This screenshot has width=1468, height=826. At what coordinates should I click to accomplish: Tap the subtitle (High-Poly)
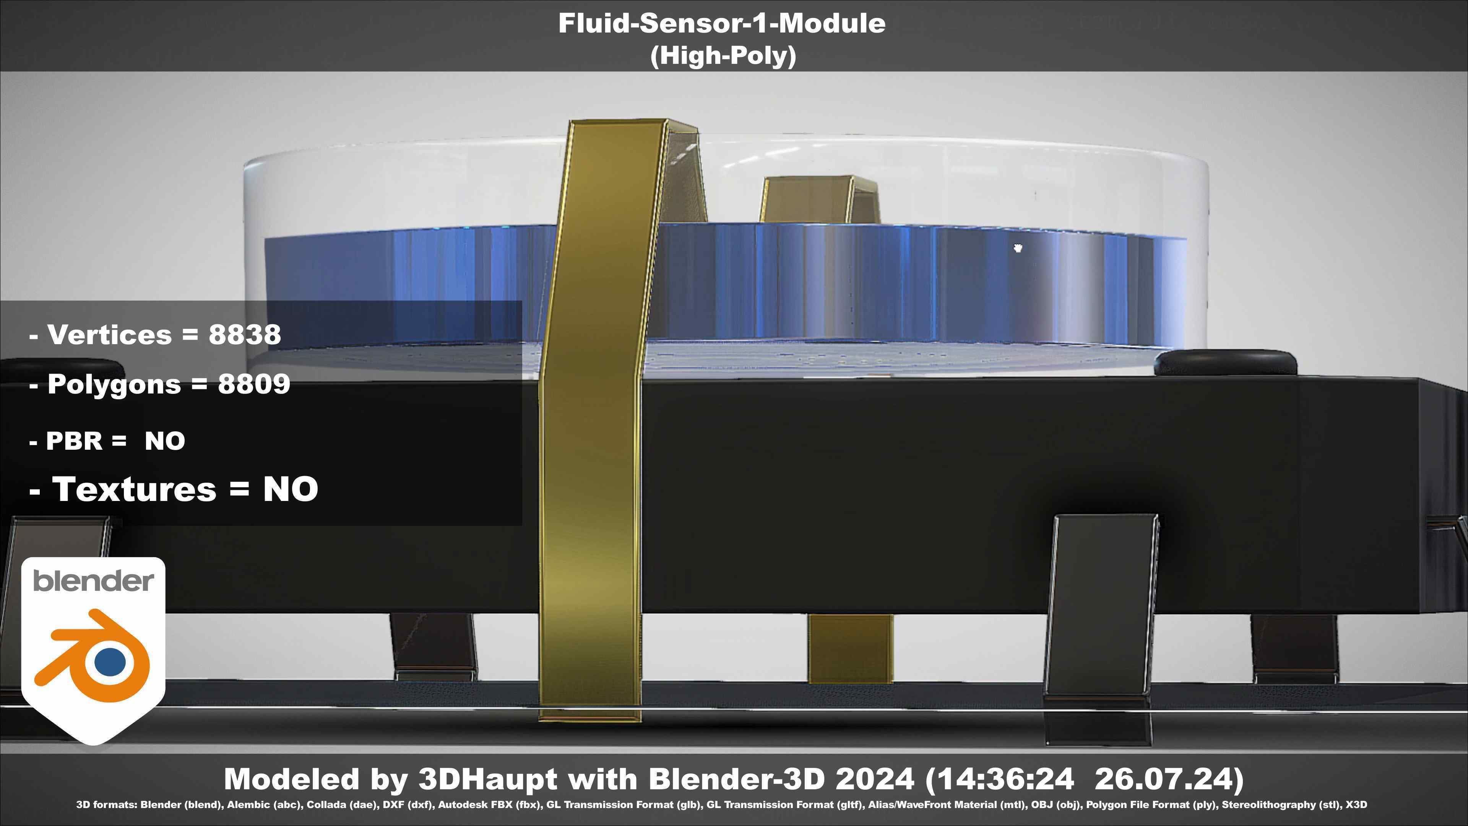[723, 56]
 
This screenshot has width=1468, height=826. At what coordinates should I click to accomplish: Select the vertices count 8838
[245, 335]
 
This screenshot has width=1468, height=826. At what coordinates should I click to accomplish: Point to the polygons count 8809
[254, 384]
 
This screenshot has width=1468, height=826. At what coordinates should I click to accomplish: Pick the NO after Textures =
[290, 489]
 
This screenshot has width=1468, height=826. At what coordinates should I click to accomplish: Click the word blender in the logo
[93, 581]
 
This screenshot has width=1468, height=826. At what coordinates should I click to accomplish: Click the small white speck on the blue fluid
[1018, 247]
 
